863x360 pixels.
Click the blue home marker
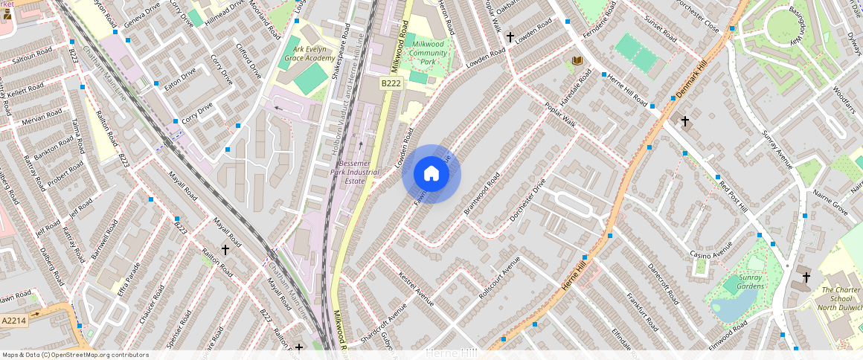tap(431, 174)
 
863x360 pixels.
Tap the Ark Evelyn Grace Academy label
tap(303, 54)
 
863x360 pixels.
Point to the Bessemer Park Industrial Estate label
tap(359, 172)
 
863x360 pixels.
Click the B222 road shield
tap(391, 84)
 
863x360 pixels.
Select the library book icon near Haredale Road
tap(577, 60)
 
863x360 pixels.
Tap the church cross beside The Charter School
tap(806, 277)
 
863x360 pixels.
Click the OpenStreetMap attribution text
tap(75, 355)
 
